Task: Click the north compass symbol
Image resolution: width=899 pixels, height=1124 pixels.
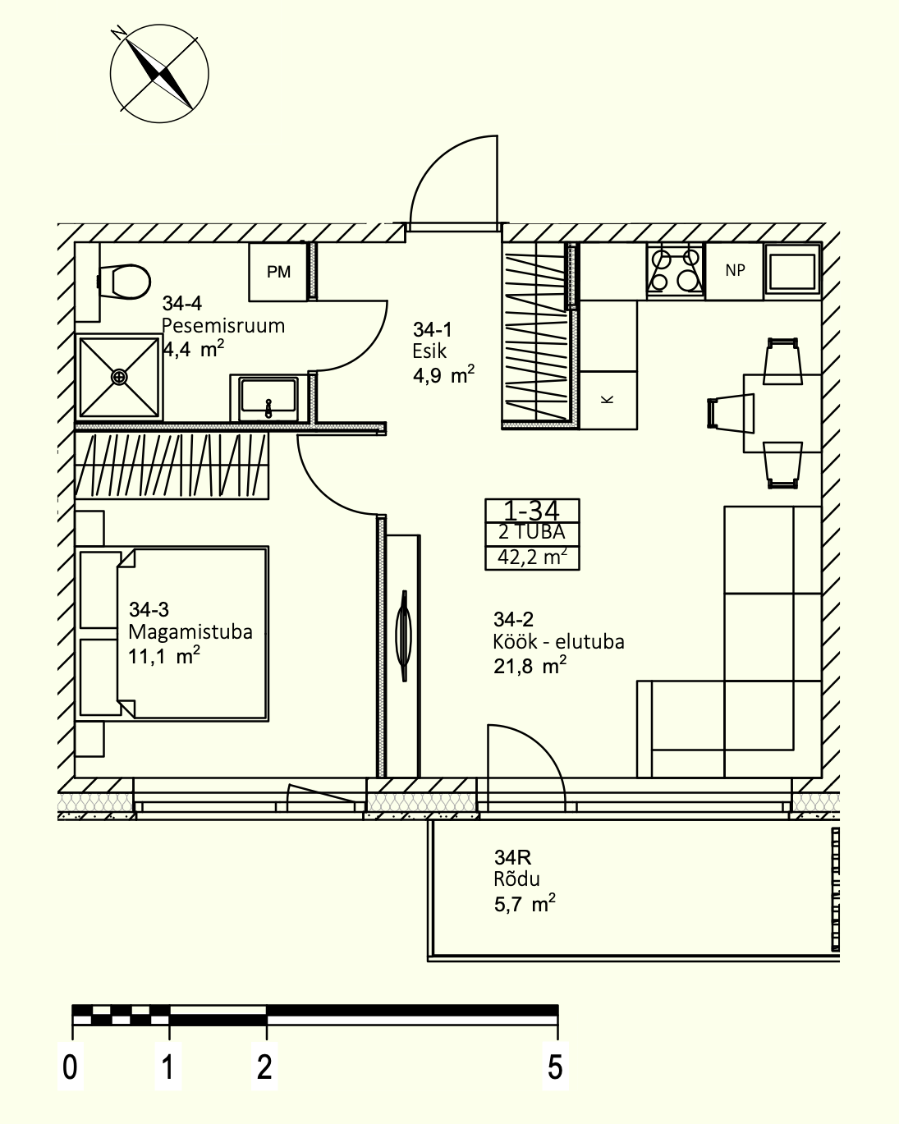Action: pyautogui.click(x=158, y=73)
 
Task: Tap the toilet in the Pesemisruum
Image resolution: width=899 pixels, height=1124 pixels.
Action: pyautogui.click(x=124, y=282)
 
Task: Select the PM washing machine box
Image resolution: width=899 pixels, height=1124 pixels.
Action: pyautogui.click(x=277, y=272)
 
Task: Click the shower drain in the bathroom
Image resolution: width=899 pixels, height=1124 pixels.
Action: pyautogui.click(x=119, y=377)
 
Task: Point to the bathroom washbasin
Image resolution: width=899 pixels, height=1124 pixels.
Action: pyautogui.click(x=268, y=398)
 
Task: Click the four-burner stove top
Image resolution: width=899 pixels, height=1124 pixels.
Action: pyautogui.click(x=675, y=271)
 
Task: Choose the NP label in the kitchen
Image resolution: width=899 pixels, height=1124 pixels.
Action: pyautogui.click(x=735, y=270)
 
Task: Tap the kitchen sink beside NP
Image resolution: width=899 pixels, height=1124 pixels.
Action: pyautogui.click(x=792, y=271)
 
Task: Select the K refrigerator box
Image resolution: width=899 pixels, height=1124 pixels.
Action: pyautogui.click(x=608, y=400)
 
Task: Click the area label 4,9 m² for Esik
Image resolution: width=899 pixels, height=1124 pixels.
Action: pyautogui.click(x=443, y=374)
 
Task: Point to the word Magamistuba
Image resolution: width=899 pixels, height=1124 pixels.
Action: pyautogui.click(x=190, y=632)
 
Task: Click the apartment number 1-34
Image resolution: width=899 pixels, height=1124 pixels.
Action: pyautogui.click(x=531, y=511)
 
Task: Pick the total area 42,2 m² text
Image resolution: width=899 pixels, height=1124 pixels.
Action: pyautogui.click(x=532, y=557)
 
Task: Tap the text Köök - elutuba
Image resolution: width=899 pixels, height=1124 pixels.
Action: pyautogui.click(x=558, y=642)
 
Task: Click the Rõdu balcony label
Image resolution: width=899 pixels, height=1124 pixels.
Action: pyautogui.click(x=516, y=879)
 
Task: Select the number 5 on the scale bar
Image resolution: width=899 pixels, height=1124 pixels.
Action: pyautogui.click(x=555, y=1067)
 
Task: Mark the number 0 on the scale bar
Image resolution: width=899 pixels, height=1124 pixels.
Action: pyautogui.click(x=70, y=1067)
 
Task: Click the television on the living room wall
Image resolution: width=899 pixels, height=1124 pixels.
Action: pyautogui.click(x=404, y=635)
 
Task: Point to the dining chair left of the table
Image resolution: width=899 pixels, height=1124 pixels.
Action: pyautogui.click(x=731, y=413)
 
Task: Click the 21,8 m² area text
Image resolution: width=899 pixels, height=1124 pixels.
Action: pyautogui.click(x=530, y=667)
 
